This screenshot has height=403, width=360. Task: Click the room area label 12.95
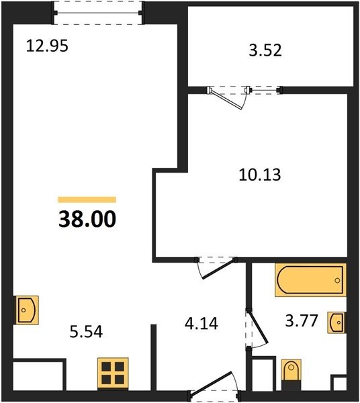point(47,46)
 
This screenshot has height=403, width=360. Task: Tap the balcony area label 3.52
point(265,50)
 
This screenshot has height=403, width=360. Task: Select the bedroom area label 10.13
point(260,175)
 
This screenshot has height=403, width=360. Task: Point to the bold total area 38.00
point(87,219)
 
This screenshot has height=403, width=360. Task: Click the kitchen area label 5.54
point(86,332)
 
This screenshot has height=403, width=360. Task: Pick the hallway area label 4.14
point(201,323)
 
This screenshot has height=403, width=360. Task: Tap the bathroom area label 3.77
point(302,320)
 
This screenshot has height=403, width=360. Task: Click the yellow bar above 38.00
point(87,199)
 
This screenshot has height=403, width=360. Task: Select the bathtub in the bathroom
point(310,280)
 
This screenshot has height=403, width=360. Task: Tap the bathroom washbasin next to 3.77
point(336,322)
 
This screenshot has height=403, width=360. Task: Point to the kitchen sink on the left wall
point(26,310)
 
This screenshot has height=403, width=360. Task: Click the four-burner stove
point(113,373)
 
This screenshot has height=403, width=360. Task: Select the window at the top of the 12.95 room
point(97,13)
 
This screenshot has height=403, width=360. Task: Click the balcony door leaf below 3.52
point(226,99)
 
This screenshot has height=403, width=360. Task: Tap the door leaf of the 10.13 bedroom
point(218,268)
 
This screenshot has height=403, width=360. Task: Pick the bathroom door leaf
point(258,326)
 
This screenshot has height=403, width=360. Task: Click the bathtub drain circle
point(337,280)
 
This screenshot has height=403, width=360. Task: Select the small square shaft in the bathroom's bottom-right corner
point(339,384)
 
